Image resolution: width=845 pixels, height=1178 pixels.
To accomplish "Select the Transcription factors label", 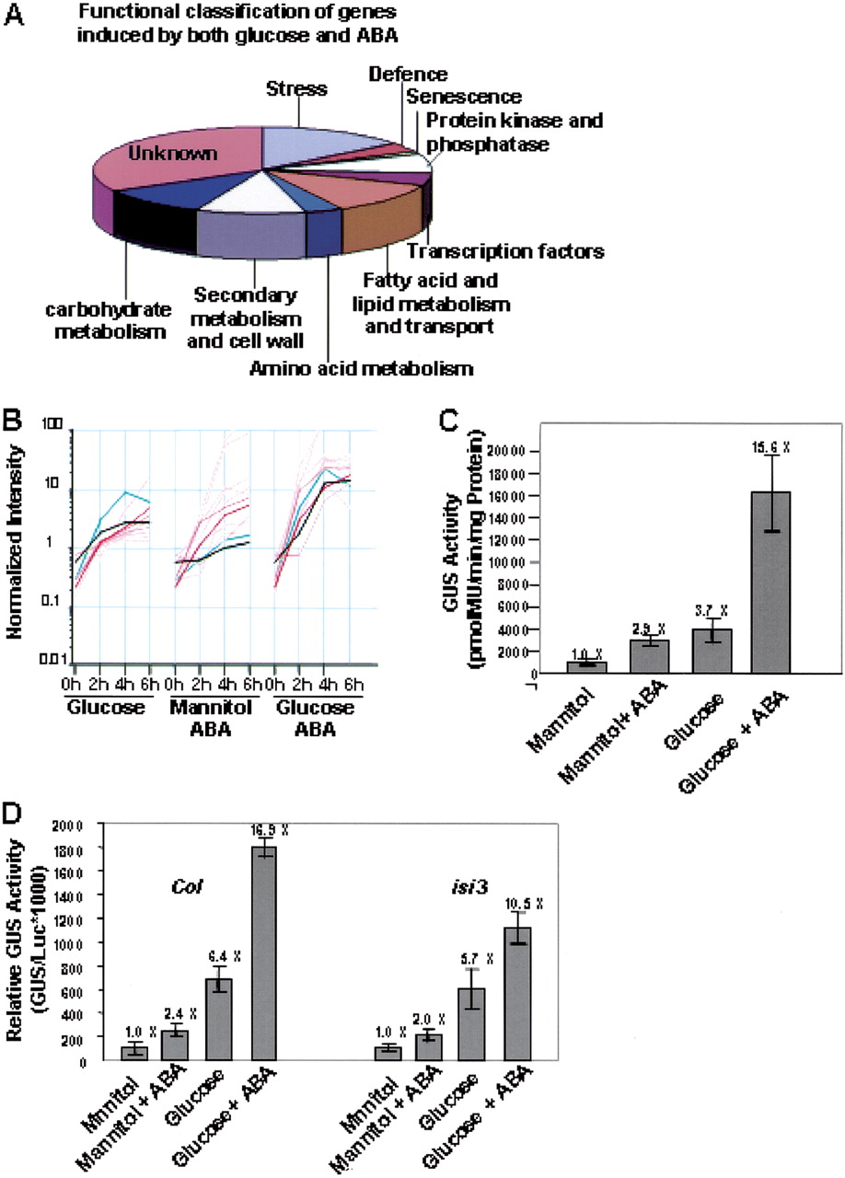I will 505,250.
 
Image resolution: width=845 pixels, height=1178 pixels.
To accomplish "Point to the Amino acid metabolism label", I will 361,370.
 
